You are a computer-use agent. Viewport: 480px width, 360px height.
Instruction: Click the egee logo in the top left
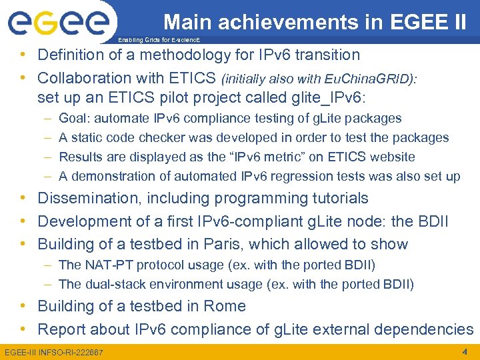pyautogui.click(x=58, y=24)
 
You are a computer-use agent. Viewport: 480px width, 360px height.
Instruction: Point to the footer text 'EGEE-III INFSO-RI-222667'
pyautogui.click(x=54, y=352)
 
